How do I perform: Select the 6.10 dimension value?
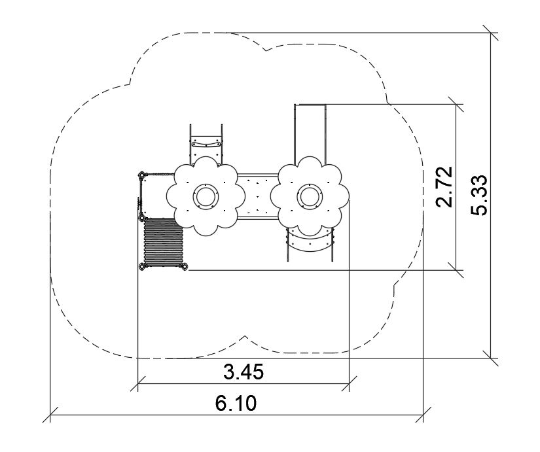[x=236, y=403]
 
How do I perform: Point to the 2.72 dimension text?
[x=444, y=187]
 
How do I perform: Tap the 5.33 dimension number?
[x=479, y=195]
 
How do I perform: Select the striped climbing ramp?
[x=163, y=243]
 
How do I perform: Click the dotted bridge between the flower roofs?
[x=258, y=196]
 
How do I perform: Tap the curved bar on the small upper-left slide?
[x=206, y=143]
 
